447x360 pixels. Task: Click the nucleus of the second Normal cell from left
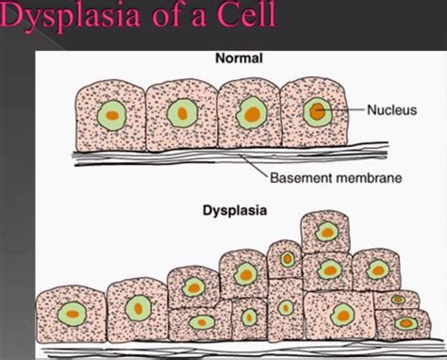(180, 114)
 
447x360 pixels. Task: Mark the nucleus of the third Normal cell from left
(251, 115)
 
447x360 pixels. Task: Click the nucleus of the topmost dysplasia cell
(328, 231)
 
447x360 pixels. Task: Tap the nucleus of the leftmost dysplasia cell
(69, 314)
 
